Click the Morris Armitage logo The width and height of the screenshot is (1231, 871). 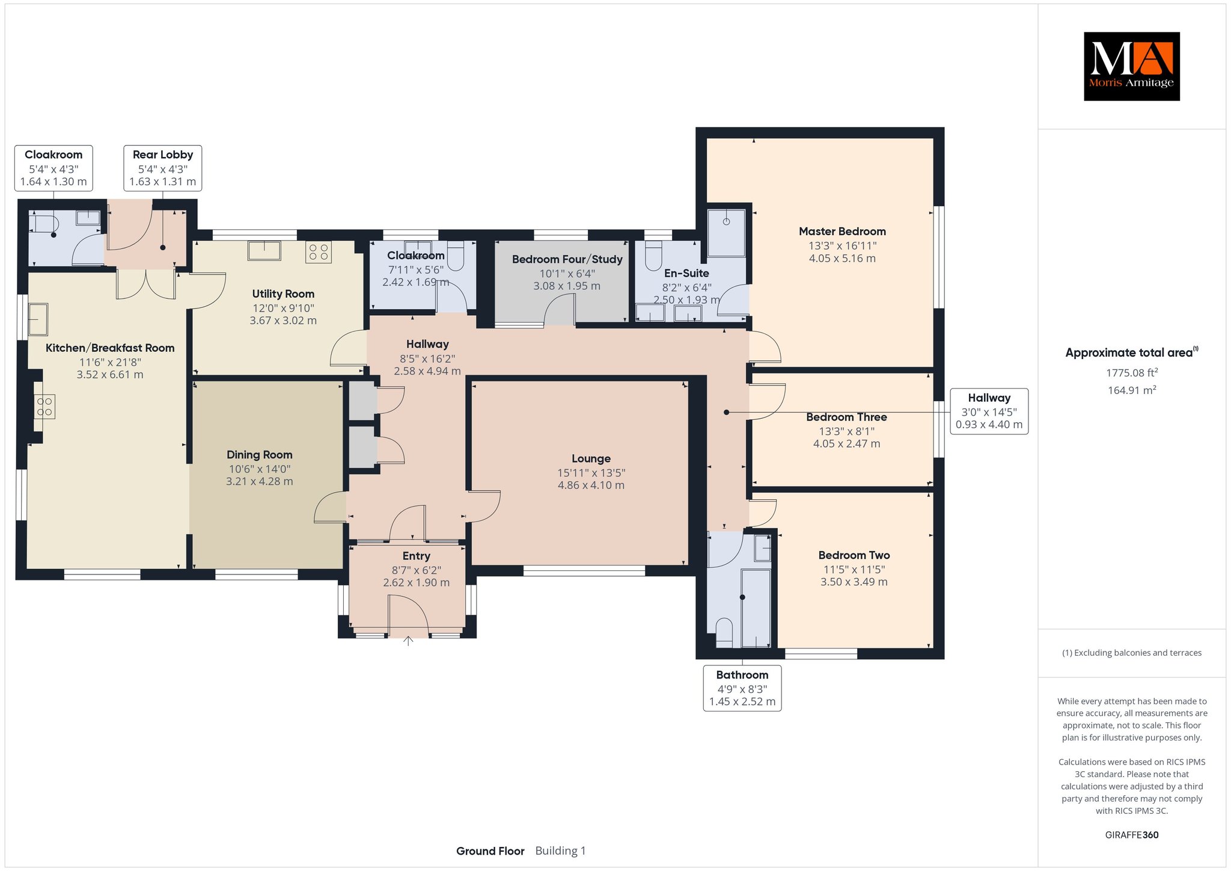1131,66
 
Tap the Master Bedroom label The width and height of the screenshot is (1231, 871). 842,232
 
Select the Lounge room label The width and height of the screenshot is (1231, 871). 591,459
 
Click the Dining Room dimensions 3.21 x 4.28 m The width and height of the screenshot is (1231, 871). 260,481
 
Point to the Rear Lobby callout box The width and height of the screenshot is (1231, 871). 163,168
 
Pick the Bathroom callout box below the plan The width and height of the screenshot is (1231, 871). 742,688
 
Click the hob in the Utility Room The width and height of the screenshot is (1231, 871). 319,252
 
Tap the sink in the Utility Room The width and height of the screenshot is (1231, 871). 264,250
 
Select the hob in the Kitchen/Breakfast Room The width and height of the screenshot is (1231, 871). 45,406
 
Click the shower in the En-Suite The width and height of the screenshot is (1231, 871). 726,233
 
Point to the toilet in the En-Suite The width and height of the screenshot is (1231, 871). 653,255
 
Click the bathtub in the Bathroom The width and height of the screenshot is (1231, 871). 756,608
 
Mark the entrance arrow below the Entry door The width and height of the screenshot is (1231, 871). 408,641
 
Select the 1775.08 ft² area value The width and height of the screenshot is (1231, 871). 1132,372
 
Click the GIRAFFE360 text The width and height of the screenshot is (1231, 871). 1132,835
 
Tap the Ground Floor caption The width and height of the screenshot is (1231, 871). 490,851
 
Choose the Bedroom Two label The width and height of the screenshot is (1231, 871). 854,556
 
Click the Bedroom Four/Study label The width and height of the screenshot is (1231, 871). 567,260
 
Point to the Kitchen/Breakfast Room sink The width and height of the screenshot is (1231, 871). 38,319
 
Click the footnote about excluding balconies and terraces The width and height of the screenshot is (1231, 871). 1132,653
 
